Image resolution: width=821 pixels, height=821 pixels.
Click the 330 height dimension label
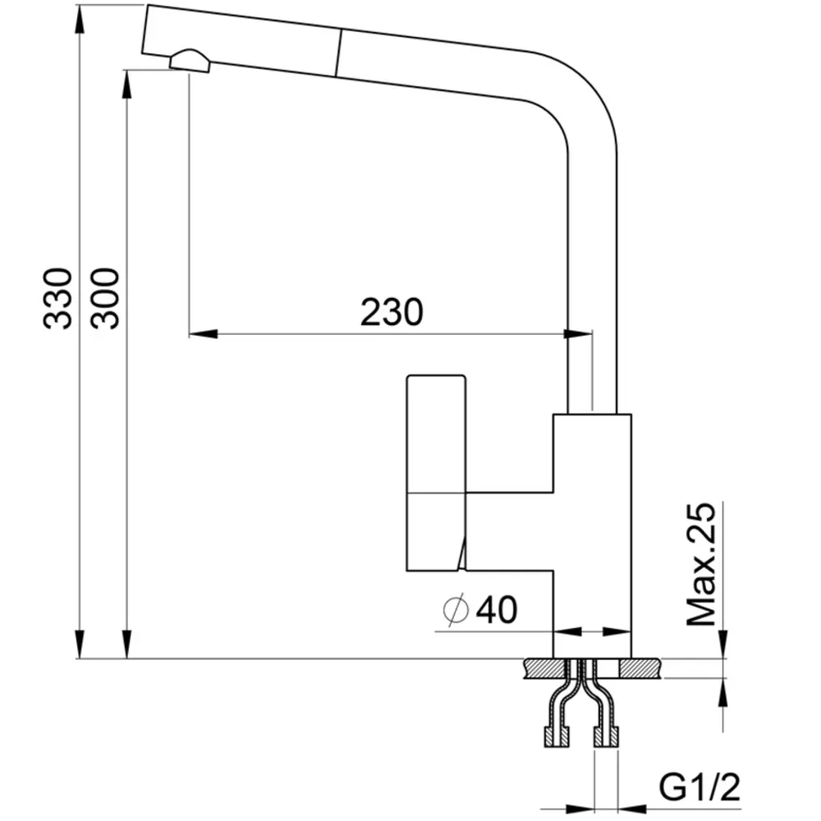pyautogui.click(x=57, y=299)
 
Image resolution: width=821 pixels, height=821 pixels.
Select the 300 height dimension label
pyautogui.click(x=105, y=299)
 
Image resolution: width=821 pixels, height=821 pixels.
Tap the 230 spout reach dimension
pyautogui.click(x=392, y=312)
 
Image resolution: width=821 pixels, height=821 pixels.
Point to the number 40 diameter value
pyautogui.click(x=497, y=609)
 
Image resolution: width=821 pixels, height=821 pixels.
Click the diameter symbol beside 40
pyautogui.click(x=456, y=609)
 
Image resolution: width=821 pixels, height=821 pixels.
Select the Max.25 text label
pyautogui.click(x=700, y=564)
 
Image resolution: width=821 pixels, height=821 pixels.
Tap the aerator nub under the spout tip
pyautogui.click(x=190, y=60)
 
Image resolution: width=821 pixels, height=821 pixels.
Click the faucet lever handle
pyautogui.click(x=436, y=473)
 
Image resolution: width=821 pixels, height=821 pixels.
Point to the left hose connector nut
pyautogui.click(x=557, y=737)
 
